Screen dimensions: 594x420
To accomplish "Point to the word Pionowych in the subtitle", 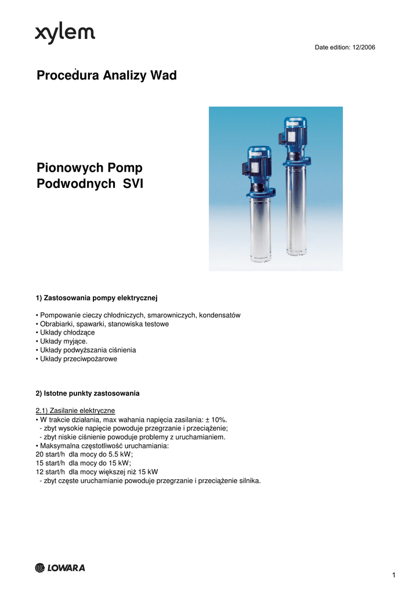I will tap(67, 168).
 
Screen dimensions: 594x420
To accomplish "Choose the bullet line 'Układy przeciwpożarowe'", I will tap(77, 358).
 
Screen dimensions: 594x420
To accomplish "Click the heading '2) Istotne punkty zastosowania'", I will tap(88, 393).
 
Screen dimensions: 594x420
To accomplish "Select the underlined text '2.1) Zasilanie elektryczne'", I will tap(75, 411).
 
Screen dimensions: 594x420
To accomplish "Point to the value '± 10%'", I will tap(216, 419).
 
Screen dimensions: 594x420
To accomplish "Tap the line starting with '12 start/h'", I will tap(97, 472).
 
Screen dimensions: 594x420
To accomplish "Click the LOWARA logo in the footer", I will tap(60, 568).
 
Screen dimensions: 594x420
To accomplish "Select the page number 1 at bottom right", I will tap(393, 575).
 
